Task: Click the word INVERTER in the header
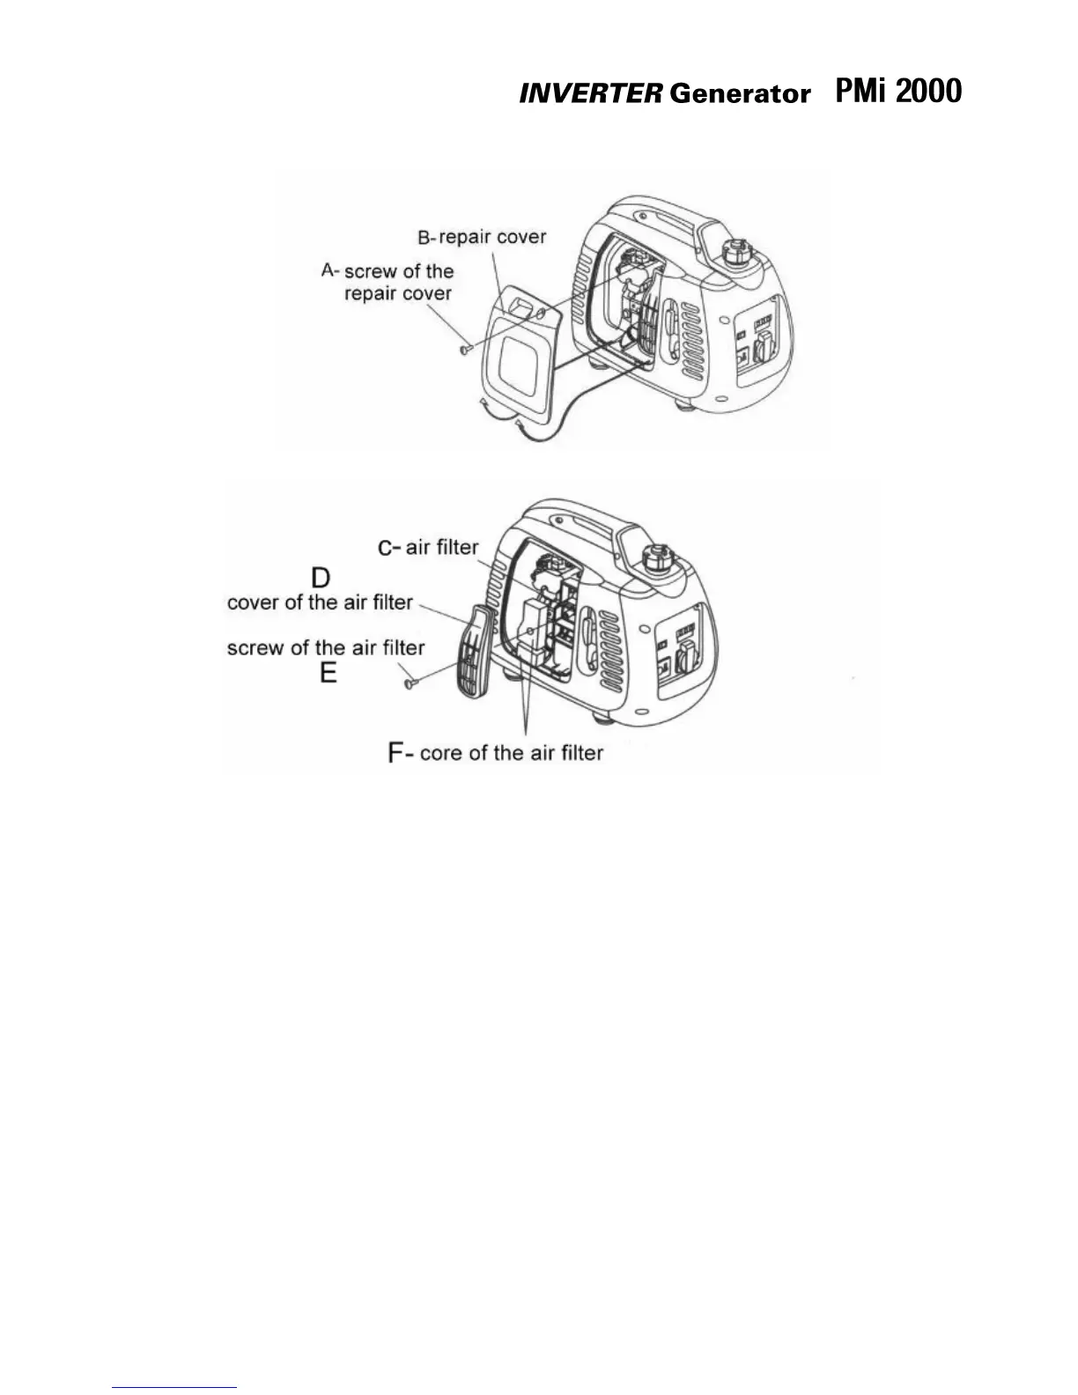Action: tap(589, 94)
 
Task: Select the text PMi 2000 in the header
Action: tap(897, 91)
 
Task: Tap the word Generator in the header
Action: tap(739, 94)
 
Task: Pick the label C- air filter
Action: tap(429, 547)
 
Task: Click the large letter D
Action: tap(321, 577)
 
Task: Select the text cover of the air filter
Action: tap(320, 602)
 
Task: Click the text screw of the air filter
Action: tap(325, 648)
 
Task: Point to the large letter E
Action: tap(328, 674)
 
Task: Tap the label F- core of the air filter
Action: tap(496, 753)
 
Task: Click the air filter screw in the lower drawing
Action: tap(410, 681)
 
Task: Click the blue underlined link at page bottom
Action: tap(175, 1387)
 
